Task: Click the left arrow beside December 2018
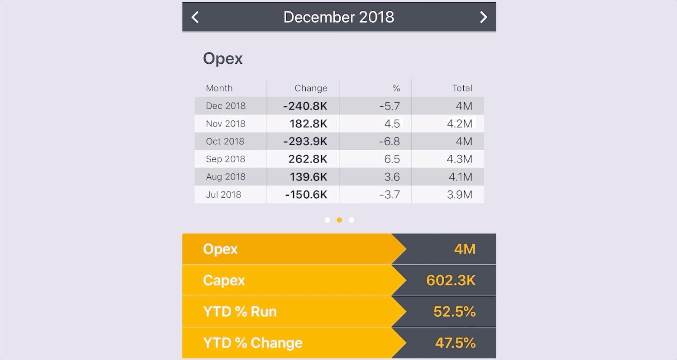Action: coord(195,17)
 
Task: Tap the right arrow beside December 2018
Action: coord(483,17)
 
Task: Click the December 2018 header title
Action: coord(338,17)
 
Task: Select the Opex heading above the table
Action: coord(222,59)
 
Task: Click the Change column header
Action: coord(311,88)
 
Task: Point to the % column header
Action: coord(396,88)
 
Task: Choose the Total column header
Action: coord(462,88)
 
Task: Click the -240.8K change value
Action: coord(305,106)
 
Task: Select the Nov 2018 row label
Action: coord(226,124)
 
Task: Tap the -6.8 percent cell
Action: coord(389,141)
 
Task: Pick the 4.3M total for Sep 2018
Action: coord(459,159)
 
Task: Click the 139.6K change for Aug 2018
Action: coord(308,177)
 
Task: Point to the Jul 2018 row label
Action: coord(223,194)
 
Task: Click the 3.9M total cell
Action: coord(459,194)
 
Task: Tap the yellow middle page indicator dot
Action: coord(339,220)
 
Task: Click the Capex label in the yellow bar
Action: coord(224,281)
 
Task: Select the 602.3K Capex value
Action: coord(451,281)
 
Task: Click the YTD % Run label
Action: coord(240,312)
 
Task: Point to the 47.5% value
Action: coord(455,343)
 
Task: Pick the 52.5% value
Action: coord(454,312)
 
